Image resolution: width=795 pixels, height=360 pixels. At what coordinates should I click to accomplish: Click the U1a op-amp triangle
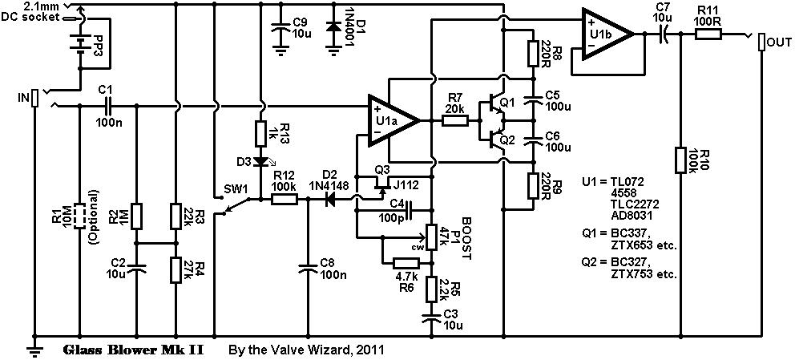[391, 121]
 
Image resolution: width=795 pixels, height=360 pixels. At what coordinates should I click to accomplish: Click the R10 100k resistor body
[680, 158]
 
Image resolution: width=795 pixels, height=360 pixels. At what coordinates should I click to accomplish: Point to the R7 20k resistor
[455, 121]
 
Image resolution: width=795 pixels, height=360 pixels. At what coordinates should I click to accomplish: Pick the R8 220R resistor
[531, 53]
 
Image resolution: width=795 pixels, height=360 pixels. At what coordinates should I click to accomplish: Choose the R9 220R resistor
[531, 186]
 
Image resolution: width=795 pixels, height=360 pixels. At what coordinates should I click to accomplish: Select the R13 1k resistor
[260, 131]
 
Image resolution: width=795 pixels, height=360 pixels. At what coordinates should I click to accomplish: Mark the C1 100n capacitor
[107, 105]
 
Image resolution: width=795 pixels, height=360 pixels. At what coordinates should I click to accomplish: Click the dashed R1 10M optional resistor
[79, 216]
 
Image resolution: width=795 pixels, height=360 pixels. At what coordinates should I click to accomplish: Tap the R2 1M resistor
[136, 216]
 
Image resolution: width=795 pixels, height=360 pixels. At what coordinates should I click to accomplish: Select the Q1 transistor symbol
[491, 107]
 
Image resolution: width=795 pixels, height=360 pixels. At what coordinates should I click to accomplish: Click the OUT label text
[780, 40]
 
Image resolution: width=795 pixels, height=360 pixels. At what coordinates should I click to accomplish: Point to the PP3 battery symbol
[79, 42]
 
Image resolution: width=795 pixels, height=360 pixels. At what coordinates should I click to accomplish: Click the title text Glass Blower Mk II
[131, 350]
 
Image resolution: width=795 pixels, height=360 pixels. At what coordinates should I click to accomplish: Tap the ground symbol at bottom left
[34, 346]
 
